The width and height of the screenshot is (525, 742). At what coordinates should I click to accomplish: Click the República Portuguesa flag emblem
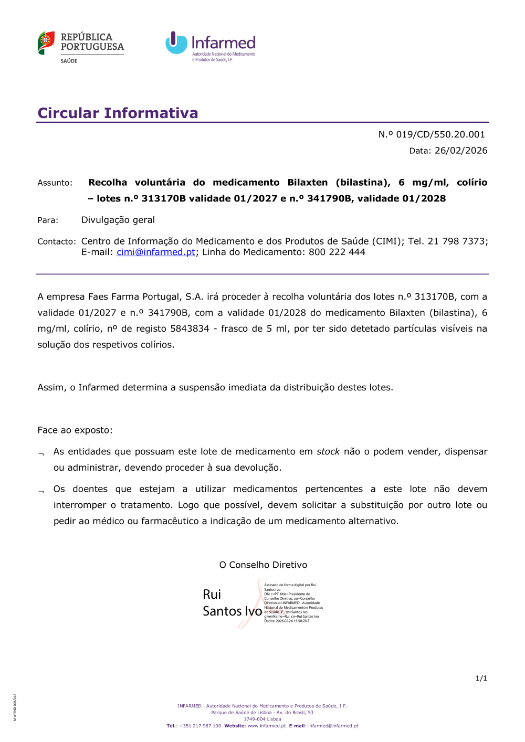(46, 43)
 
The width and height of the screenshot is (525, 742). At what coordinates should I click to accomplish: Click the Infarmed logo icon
(176, 43)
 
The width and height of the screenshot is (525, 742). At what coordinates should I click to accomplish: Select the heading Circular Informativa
(118, 113)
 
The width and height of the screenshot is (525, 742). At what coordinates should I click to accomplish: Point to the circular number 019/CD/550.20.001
(440, 134)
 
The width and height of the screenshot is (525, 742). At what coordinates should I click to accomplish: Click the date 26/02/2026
(461, 151)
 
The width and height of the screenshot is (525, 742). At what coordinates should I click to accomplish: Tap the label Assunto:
(55, 183)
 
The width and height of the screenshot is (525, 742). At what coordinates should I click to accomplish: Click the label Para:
(48, 220)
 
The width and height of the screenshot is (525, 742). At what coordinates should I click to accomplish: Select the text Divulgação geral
(118, 220)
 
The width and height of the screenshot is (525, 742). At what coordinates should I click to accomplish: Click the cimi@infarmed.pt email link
(156, 252)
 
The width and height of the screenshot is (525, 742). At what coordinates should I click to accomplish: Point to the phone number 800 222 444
(337, 252)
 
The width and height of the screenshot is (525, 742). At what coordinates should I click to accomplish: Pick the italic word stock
(328, 451)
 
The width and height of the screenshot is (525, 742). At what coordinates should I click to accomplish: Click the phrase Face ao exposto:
(75, 430)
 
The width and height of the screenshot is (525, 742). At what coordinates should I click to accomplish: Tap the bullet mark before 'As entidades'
(41, 454)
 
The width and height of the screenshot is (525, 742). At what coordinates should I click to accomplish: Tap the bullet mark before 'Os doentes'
(41, 491)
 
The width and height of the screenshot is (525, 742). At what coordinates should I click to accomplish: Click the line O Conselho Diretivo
(263, 565)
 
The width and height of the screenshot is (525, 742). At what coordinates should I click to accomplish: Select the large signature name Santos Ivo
(232, 611)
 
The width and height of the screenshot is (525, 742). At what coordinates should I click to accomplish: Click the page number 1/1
(481, 678)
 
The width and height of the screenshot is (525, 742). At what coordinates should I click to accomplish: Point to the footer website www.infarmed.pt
(267, 726)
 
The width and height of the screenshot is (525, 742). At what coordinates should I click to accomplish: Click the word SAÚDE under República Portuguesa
(69, 61)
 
